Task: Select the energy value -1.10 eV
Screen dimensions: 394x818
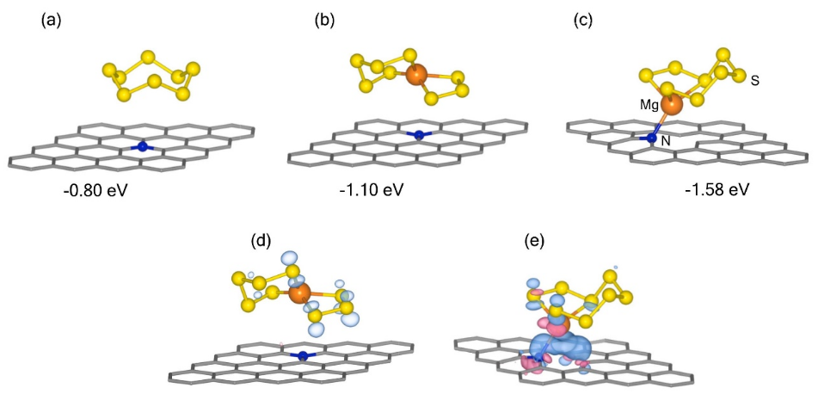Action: point(372,189)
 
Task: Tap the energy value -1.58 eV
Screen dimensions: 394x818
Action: point(715,189)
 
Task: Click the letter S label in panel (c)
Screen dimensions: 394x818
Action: point(754,80)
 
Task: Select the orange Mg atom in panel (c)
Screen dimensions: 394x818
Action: point(672,105)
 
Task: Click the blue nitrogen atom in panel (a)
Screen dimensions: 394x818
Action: point(144,146)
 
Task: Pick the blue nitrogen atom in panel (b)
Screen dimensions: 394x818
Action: point(419,135)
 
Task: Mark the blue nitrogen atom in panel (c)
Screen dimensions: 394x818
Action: point(654,137)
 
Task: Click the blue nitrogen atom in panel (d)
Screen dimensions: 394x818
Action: point(302,355)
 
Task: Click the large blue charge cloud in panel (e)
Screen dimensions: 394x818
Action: point(560,348)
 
